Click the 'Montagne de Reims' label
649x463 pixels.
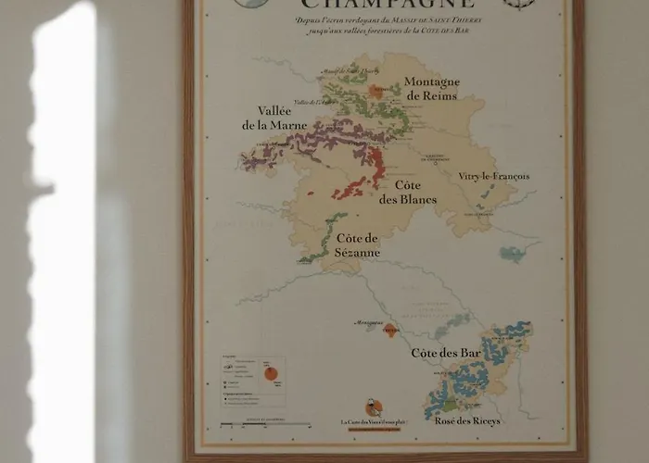pos(432,89)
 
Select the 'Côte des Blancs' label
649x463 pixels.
pos(408,193)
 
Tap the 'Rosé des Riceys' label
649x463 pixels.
pos(467,420)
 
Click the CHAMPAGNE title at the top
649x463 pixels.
pos(386,10)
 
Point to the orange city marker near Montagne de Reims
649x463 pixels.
pos(376,91)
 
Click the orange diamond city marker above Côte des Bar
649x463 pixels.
pos(390,330)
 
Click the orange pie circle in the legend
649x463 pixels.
pos(273,373)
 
